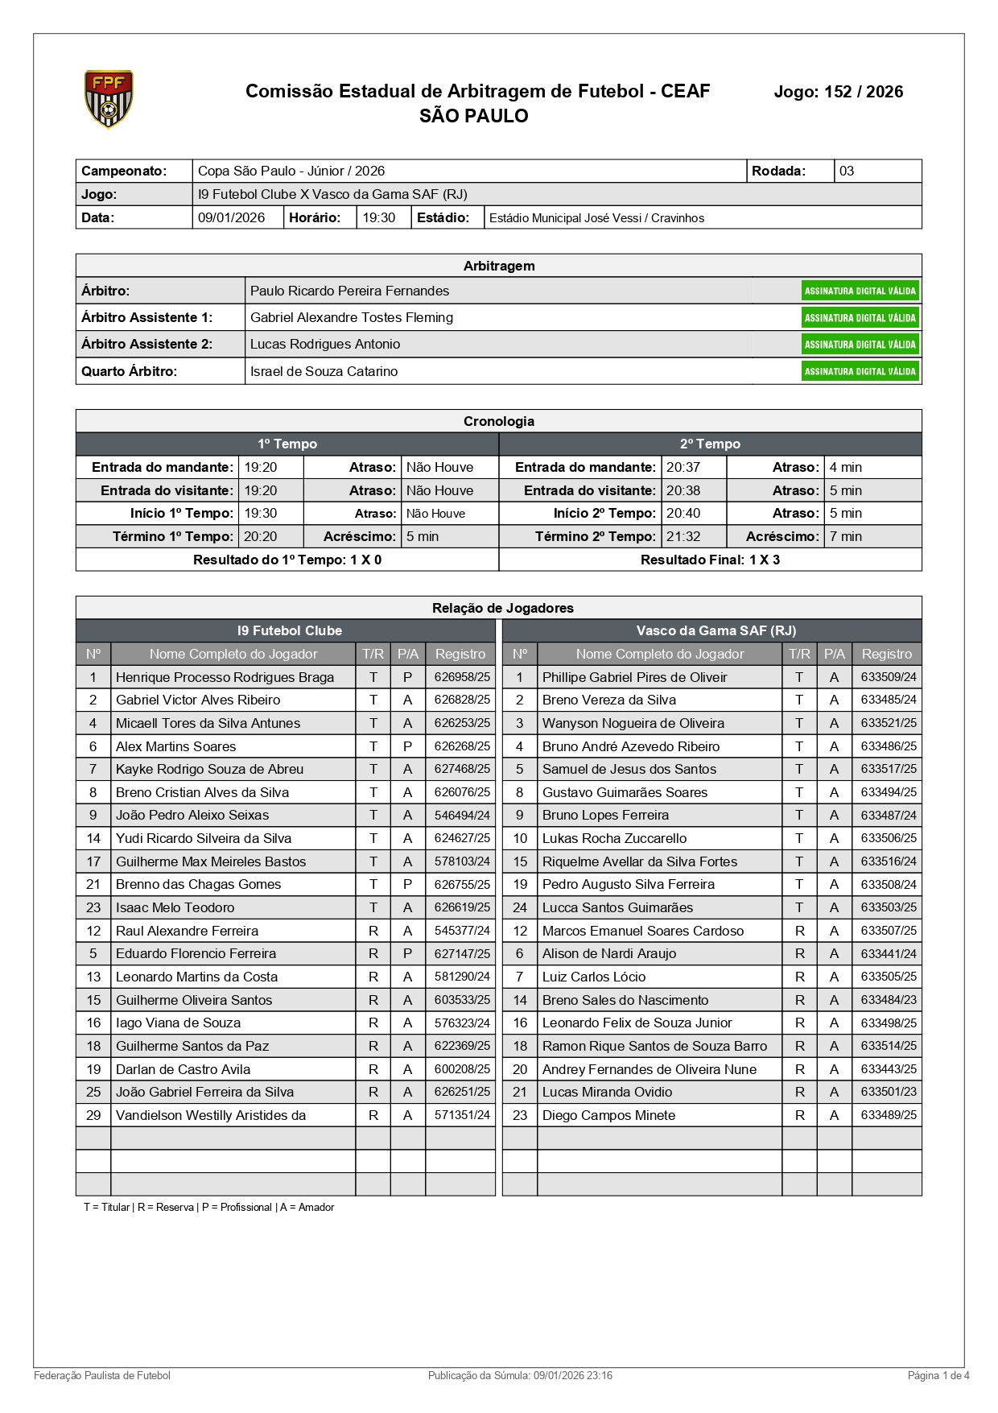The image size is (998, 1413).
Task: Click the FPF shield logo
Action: point(109,99)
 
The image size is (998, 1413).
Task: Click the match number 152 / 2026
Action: point(838,92)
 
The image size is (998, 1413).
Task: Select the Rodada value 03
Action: point(847,171)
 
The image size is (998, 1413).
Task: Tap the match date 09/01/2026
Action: point(232,217)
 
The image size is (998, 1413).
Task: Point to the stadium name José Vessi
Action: point(596,218)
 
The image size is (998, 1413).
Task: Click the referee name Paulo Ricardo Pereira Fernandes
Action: point(349,291)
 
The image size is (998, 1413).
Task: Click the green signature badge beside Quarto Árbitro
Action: point(860,371)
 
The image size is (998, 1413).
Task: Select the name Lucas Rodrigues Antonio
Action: point(325,344)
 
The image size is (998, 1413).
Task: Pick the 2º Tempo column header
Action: point(710,444)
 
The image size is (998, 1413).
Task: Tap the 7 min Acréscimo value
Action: point(846,536)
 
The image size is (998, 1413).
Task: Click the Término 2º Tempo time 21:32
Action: point(683,536)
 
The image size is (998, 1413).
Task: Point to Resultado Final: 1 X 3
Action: point(710,560)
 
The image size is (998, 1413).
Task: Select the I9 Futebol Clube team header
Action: point(290,630)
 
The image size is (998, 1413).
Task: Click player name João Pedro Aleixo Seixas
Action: point(192,815)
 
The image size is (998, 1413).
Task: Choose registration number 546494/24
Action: point(462,815)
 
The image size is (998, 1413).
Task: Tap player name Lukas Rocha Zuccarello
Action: point(614,838)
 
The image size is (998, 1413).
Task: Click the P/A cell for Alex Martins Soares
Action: point(408,746)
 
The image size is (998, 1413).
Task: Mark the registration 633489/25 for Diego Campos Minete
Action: point(889,1115)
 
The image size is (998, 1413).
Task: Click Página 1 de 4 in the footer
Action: point(938,1375)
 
